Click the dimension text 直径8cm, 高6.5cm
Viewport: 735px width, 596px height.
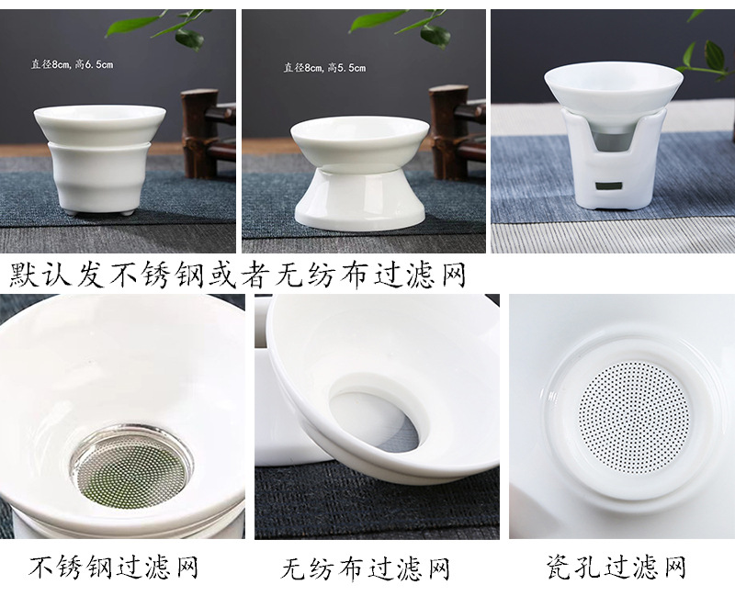click(73, 64)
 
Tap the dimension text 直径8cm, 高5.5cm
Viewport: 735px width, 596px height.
click(324, 68)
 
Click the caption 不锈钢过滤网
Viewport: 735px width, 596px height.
click(114, 567)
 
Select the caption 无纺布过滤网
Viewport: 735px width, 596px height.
click(365, 568)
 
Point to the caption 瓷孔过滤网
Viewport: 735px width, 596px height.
click(616, 567)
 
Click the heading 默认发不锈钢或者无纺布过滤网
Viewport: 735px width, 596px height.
click(238, 275)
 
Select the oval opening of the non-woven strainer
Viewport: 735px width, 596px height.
click(375, 422)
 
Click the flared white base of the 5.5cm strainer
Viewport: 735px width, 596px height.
click(359, 200)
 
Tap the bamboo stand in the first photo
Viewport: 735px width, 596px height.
click(206, 134)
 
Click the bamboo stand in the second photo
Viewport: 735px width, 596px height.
click(456, 132)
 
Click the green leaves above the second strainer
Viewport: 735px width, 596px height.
click(400, 27)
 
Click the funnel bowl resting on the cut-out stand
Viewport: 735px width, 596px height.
click(613, 90)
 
